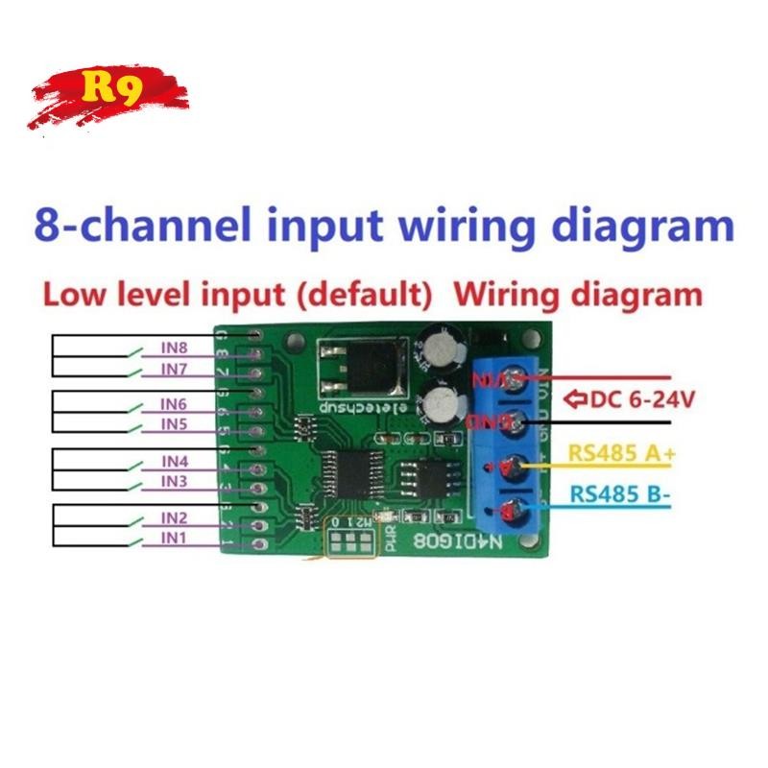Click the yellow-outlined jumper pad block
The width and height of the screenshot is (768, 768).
tap(351, 540)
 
